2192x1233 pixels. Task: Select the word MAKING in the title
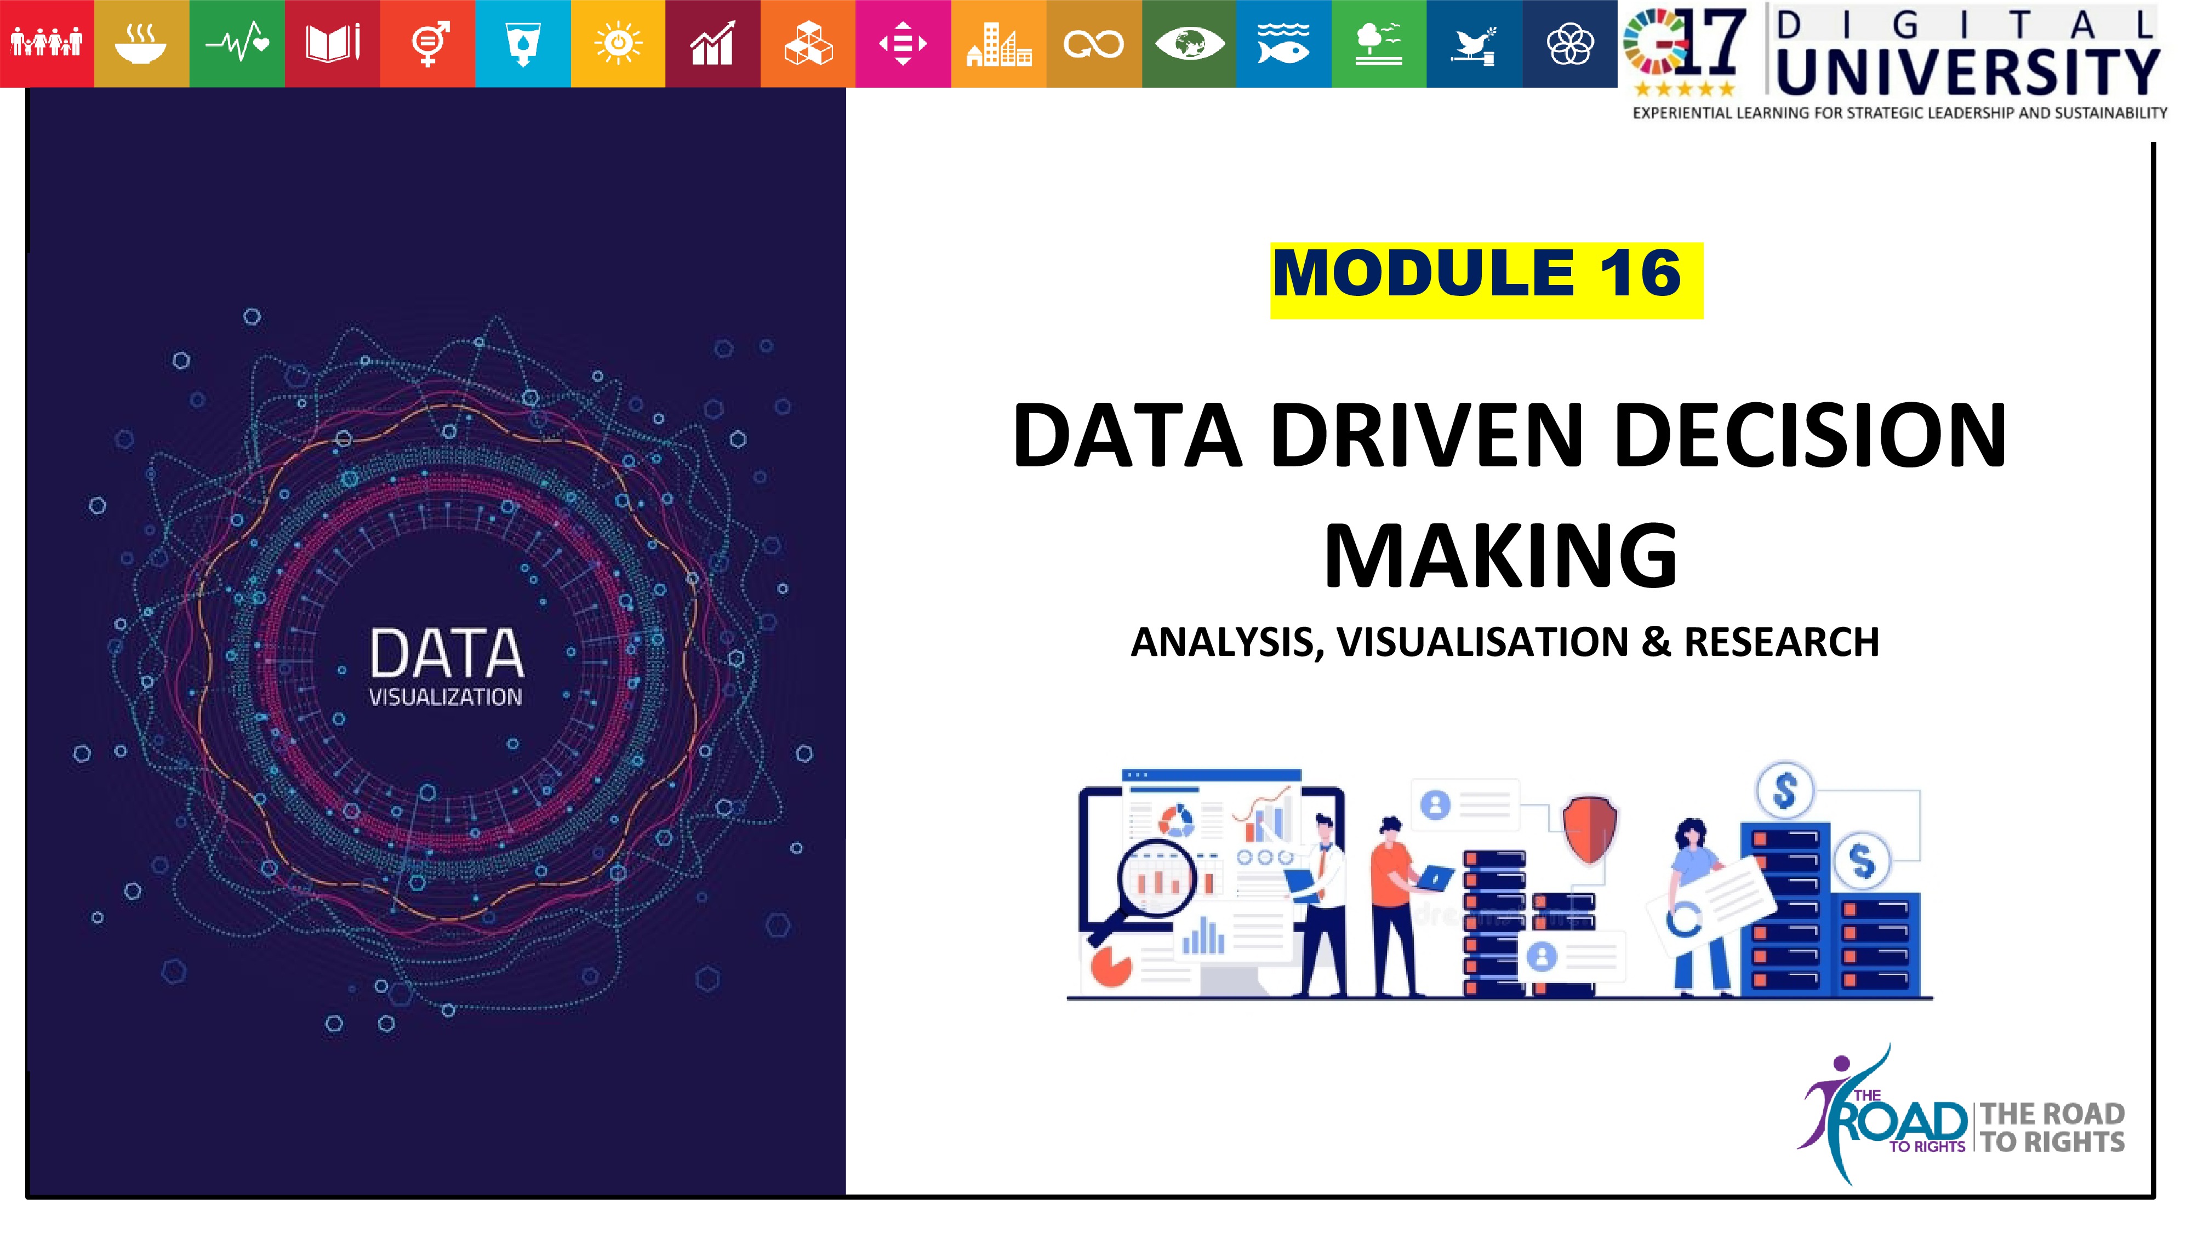point(1500,557)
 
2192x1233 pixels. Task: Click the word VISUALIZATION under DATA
point(445,697)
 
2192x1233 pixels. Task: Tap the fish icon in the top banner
point(1283,43)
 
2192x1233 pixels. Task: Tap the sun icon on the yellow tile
point(619,43)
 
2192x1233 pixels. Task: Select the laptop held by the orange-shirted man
point(1436,878)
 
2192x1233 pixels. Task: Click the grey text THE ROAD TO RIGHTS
point(2052,1127)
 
